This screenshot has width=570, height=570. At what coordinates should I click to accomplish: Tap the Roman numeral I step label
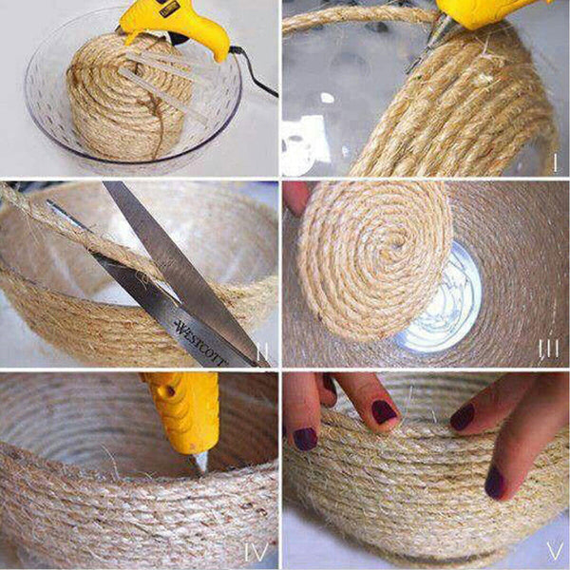pos(554,161)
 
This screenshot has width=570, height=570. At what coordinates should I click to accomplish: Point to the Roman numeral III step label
pos(549,349)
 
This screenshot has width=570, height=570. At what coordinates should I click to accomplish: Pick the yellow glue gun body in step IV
pos(185,408)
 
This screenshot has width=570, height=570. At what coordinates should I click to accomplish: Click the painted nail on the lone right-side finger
pos(495,484)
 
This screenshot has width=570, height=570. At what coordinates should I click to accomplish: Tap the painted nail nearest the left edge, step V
pos(304,438)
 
